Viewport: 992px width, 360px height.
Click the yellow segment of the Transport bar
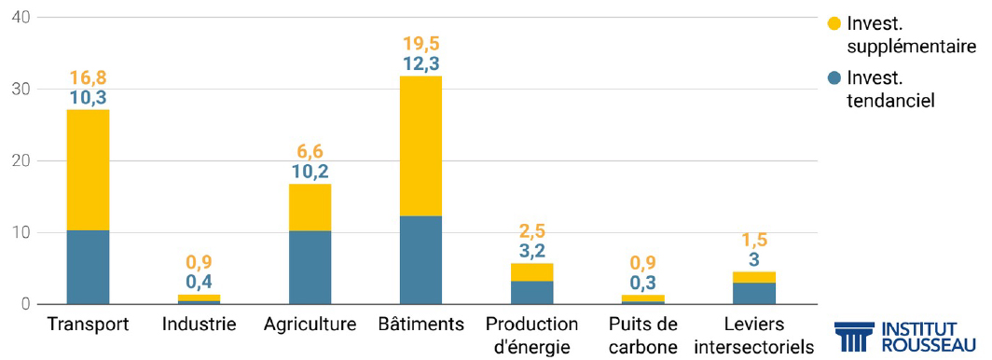[88, 170]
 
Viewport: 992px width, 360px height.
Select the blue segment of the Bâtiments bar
[420, 260]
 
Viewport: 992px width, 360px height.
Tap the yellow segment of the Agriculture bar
[310, 207]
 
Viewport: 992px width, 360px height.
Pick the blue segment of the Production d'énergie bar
[531, 292]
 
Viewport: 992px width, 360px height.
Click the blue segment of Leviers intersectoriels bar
[753, 293]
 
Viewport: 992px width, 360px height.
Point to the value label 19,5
[421, 43]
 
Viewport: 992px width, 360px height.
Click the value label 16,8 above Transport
[88, 76]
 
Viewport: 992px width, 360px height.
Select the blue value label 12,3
[421, 64]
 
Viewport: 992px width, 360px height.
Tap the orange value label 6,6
[310, 151]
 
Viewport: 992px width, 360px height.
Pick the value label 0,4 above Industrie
[199, 281]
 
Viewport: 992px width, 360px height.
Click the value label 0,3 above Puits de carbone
[642, 282]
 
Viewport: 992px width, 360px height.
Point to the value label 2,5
[532, 230]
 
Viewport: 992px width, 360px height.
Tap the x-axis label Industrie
[199, 325]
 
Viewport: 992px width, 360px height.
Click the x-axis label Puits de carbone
[642, 335]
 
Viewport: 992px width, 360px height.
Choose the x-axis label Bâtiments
[421, 325]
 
